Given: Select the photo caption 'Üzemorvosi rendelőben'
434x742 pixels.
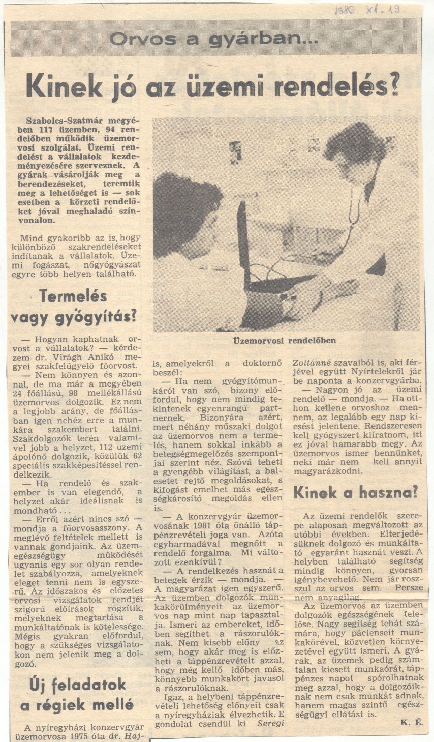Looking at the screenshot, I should [x=284, y=340].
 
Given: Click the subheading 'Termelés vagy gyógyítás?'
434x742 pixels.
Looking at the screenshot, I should [x=73, y=306].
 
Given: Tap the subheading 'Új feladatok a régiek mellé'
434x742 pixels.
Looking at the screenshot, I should [x=76, y=694].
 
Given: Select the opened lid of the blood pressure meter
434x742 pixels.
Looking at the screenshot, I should [x=243, y=244].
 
